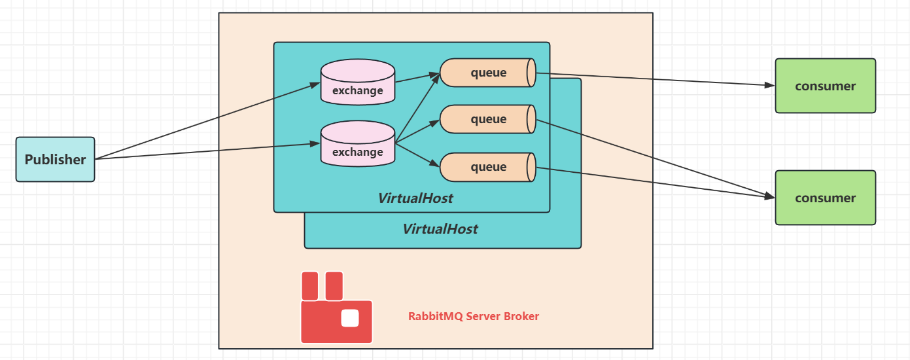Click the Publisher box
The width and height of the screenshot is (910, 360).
tap(55, 159)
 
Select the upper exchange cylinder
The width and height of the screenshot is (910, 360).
tap(357, 82)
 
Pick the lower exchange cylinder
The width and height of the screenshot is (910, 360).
tap(357, 143)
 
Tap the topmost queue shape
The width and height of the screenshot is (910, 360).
tap(488, 73)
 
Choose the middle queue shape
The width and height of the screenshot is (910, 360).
tap(488, 119)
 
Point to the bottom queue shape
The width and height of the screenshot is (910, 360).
tap(488, 167)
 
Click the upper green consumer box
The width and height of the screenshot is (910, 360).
tap(825, 86)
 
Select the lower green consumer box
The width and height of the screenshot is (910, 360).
tap(825, 198)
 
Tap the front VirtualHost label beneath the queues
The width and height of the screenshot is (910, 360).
tap(415, 198)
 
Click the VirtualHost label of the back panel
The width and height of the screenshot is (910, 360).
tap(440, 229)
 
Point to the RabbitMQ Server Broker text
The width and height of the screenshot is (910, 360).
tap(474, 316)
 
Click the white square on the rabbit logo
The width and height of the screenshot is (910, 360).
tap(350, 318)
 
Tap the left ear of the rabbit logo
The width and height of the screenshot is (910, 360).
tap(309, 285)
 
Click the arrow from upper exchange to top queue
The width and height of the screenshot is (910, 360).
tap(417, 78)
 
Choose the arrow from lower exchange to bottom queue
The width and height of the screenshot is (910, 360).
tap(417, 154)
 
